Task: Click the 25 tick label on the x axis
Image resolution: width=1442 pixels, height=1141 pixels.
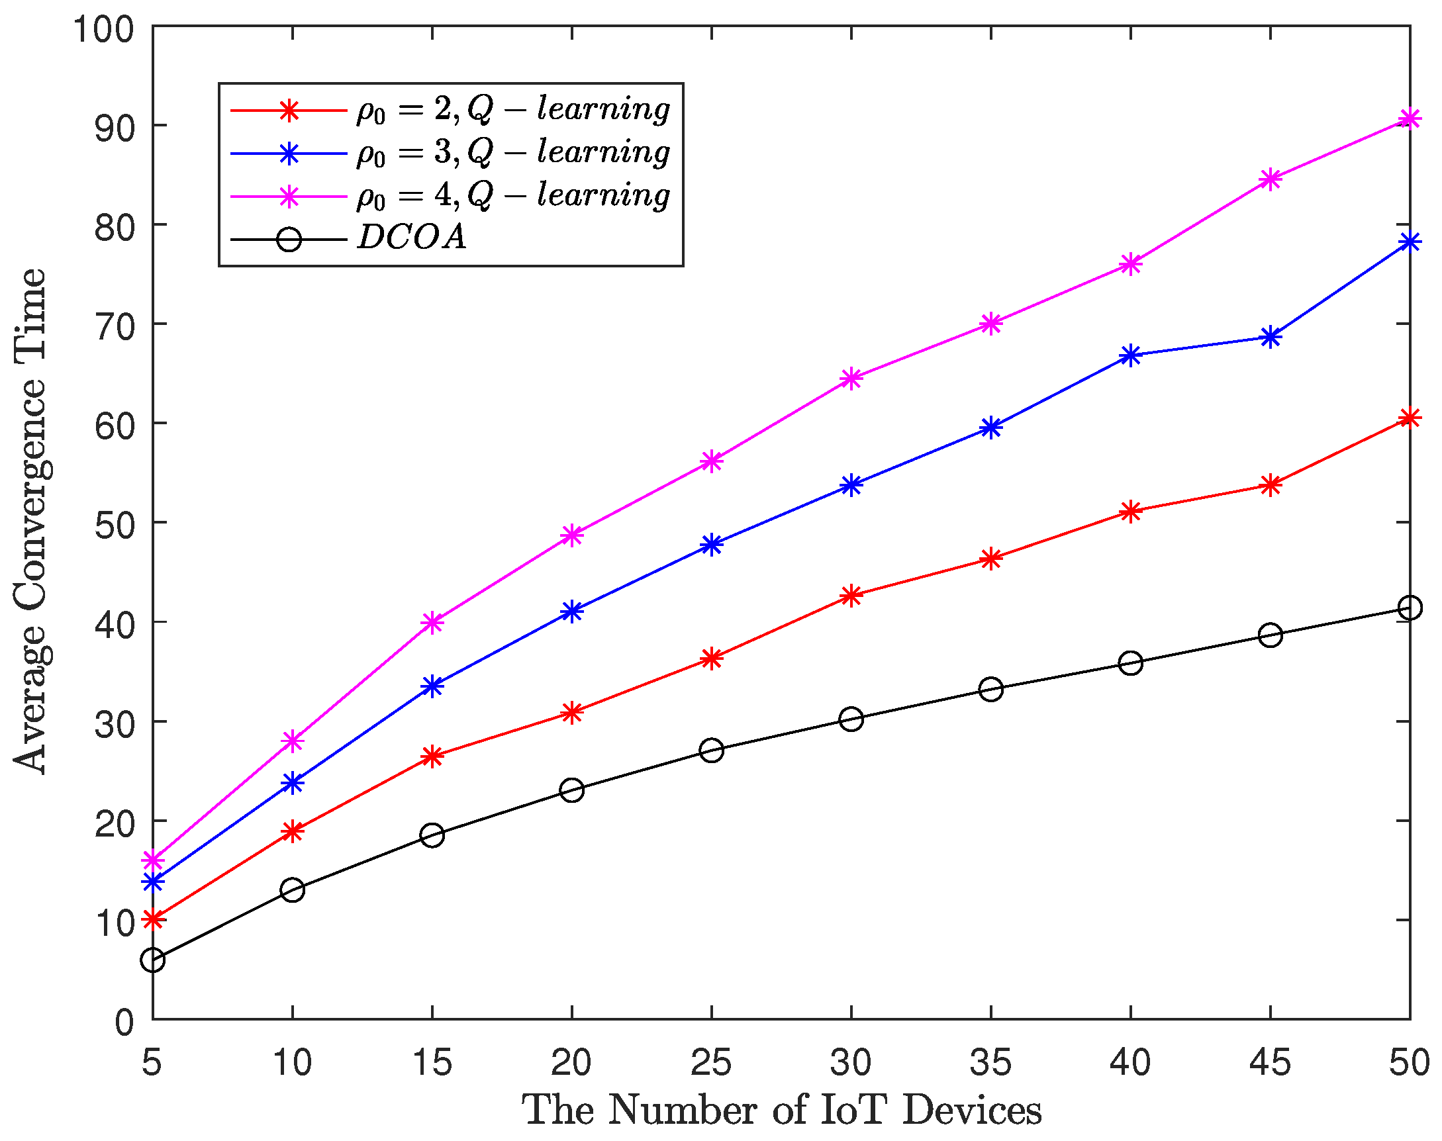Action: (711, 1062)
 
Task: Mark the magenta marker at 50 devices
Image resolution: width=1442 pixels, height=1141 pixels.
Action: (1410, 119)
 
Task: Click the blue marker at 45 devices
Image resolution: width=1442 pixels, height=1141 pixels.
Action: (1270, 338)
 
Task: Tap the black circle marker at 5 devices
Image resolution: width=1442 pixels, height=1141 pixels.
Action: (153, 960)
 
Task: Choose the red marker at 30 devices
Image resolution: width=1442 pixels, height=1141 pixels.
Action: (851, 595)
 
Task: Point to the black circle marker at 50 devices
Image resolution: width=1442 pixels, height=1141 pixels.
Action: (1410, 608)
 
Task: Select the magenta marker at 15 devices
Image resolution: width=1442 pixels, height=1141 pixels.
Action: (432, 623)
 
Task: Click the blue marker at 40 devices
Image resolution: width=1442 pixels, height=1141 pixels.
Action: (1130, 355)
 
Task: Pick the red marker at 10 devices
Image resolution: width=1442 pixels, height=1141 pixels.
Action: (293, 832)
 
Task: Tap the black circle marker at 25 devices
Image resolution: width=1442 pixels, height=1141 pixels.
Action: (711, 751)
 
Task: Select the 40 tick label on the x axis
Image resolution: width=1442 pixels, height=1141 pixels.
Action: (1130, 1062)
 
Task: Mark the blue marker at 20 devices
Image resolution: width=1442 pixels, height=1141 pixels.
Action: (572, 611)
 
